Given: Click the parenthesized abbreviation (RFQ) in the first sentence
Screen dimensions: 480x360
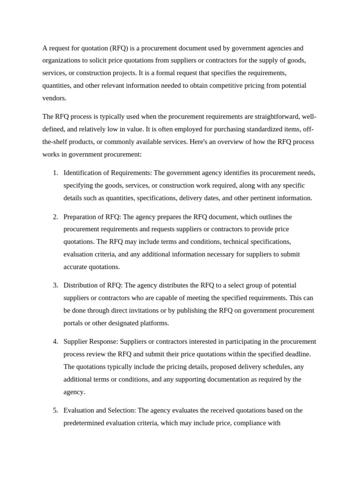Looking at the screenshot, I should point(119,48).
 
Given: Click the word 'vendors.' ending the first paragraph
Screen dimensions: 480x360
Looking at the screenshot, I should point(54,98).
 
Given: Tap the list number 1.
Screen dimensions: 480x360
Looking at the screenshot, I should point(55,173).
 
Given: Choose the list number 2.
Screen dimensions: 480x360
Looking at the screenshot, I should point(55,217).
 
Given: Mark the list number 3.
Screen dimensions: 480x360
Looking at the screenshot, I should point(55,285).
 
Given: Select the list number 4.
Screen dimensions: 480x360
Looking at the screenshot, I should point(55,342).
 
